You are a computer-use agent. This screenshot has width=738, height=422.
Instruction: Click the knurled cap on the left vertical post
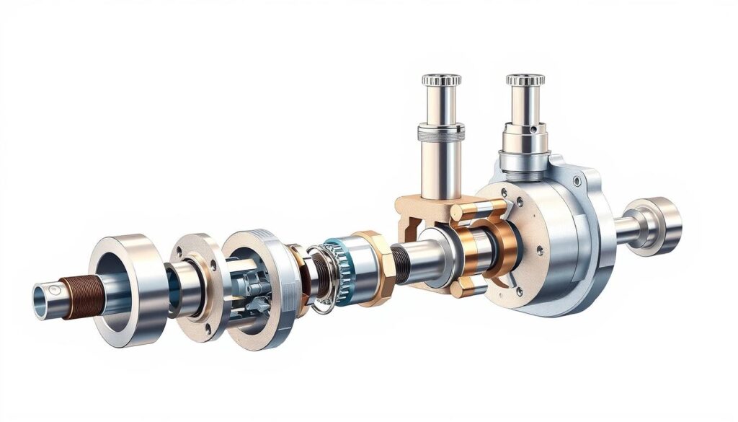[x=441, y=79]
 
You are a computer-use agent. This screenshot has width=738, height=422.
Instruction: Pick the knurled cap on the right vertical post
[x=524, y=79]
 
